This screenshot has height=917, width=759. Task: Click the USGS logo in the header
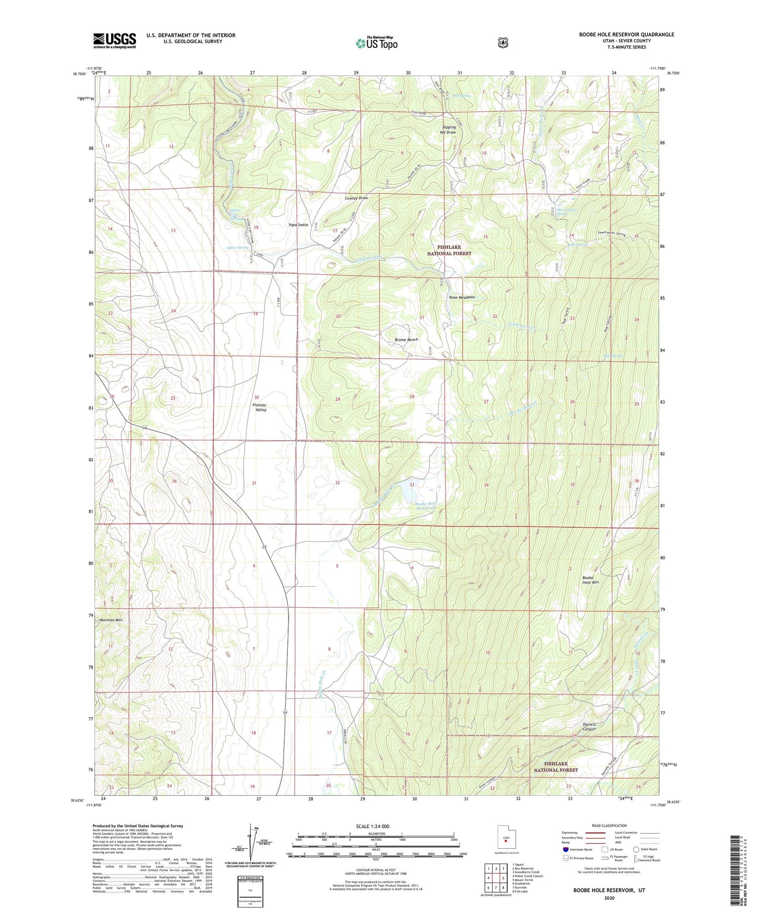tap(115, 40)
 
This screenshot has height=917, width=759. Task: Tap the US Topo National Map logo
tap(376, 43)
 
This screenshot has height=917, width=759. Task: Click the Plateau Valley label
tap(261, 407)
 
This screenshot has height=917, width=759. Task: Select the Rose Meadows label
tap(462, 297)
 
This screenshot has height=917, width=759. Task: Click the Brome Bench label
tap(406, 340)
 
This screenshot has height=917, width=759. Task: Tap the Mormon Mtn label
tap(111, 620)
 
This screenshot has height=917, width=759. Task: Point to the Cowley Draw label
tap(356, 198)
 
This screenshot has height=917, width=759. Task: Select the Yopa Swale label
tap(298, 225)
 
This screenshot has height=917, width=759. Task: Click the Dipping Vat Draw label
tap(449, 130)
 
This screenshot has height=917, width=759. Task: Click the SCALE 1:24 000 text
tap(372, 826)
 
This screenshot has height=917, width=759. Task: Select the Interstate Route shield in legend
tap(565, 849)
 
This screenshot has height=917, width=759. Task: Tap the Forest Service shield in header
tap(503, 42)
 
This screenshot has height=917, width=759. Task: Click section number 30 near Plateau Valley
tap(256, 397)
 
